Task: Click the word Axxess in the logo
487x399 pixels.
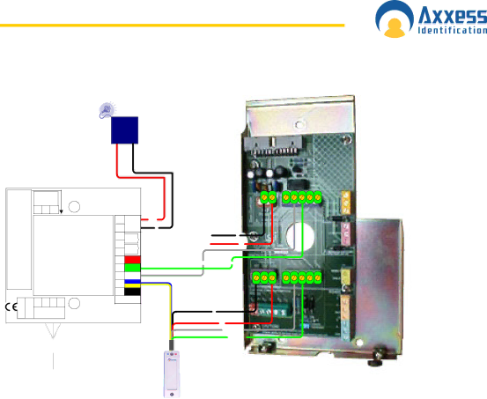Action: pyautogui.click(x=453, y=16)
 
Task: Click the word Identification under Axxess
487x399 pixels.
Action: pyautogui.click(x=453, y=30)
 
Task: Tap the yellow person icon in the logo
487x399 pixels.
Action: pyautogui.click(x=395, y=27)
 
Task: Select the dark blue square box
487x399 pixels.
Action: pyautogui.click(x=124, y=130)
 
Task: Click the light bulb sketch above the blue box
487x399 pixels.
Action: pyautogui.click(x=107, y=110)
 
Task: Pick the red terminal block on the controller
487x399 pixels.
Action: pyautogui.click(x=133, y=260)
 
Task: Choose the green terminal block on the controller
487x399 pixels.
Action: pyautogui.click(x=133, y=268)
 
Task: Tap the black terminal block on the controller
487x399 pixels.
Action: pyautogui.click(x=133, y=292)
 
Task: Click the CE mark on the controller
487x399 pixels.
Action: pyautogui.click(x=11, y=307)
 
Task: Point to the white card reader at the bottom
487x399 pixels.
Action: pyautogui.click(x=172, y=374)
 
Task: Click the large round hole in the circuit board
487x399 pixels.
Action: pyautogui.click(x=300, y=237)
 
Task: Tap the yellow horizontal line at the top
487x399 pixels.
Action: pyautogui.click(x=172, y=26)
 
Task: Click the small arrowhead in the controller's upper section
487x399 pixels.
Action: pyautogui.click(x=61, y=211)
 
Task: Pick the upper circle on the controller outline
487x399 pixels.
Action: pyautogui.click(x=74, y=207)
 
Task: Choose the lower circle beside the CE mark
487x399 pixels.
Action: pyautogui.click(x=74, y=303)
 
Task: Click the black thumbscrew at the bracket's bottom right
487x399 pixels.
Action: pyautogui.click(x=377, y=358)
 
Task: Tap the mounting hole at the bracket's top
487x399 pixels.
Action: pyautogui.click(x=299, y=125)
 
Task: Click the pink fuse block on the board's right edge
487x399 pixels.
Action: pyautogui.click(x=345, y=233)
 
